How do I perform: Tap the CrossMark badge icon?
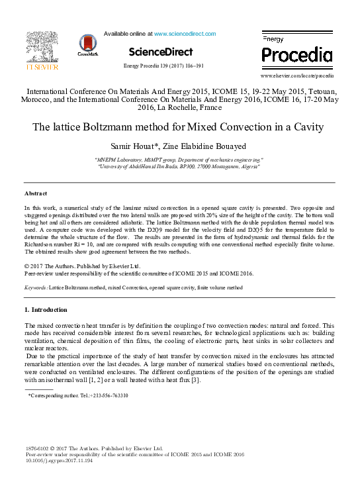click(x=87, y=44)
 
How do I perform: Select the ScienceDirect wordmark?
click(x=161, y=52)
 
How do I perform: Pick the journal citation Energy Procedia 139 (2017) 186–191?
click(x=163, y=66)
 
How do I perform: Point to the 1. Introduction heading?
click(x=46, y=310)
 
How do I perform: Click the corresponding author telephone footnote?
click(x=78, y=395)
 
